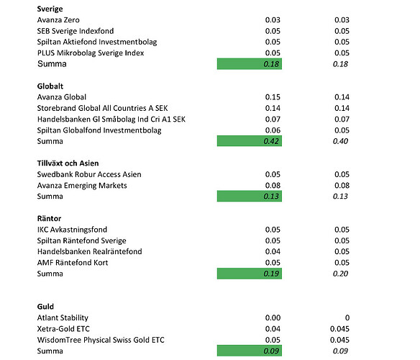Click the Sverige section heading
tap(50, 9)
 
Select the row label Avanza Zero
tap(58, 20)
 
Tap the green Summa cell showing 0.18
tap(250, 64)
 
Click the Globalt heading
tap(50, 86)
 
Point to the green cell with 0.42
tap(250, 141)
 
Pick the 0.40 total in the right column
tap(340, 141)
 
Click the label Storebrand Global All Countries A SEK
tap(102, 108)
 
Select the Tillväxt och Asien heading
tap(68, 163)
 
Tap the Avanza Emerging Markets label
tap(82, 186)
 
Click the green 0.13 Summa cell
tap(250, 196)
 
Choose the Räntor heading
tap(49, 218)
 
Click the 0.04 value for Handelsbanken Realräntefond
tap(273, 251)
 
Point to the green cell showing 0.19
tap(250, 274)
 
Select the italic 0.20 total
tap(340, 274)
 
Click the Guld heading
tap(45, 307)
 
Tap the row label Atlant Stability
tap(63, 318)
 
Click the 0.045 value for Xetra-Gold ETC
tap(339, 329)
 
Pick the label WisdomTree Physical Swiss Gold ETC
tap(101, 340)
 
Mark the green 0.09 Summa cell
tap(250, 351)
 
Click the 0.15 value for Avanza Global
tap(273, 97)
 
